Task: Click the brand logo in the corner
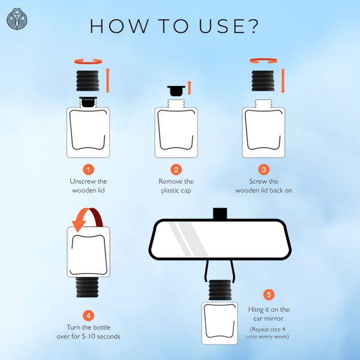click(x=17, y=19)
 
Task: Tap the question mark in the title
click(x=253, y=26)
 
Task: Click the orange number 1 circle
click(x=88, y=170)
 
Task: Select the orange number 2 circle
click(x=176, y=170)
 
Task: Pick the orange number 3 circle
click(x=264, y=170)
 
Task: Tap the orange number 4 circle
click(x=88, y=316)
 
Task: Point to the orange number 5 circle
click(x=269, y=295)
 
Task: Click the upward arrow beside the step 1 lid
click(x=107, y=80)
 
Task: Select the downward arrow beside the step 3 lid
click(x=283, y=80)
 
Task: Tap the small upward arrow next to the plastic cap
click(x=189, y=88)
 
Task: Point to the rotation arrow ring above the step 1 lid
click(x=88, y=62)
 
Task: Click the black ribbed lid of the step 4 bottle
click(x=88, y=287)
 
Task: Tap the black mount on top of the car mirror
click(x=220, y=214)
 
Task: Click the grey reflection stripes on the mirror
click(x=188, y=239)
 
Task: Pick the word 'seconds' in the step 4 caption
click(x=109, y=337)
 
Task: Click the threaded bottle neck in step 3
click(x=263, y=104)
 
